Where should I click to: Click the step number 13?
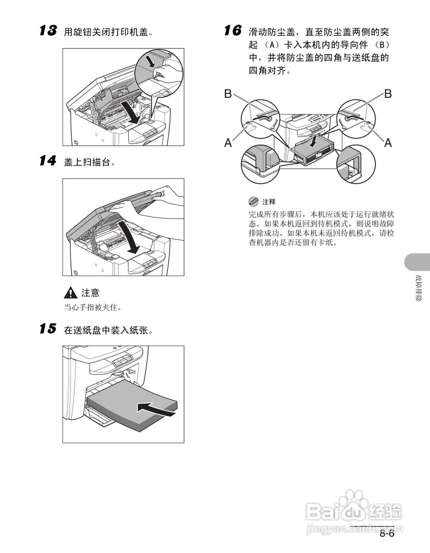tap(48, 31)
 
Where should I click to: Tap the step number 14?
tap(48, 162)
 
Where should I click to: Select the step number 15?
tap(48, 329)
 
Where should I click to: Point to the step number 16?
tap(233, 31)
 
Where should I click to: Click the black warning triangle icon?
tap(70, 293)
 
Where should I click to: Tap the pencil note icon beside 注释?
tap(253, 201)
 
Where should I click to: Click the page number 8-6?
tap(387, 534)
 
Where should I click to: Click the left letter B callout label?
tap(228, 94)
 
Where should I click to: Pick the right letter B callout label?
tap(388, 94)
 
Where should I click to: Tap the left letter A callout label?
tap(228, 143)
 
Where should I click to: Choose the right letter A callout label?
tap(388, 142)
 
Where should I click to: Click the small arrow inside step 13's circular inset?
tap(150, 61)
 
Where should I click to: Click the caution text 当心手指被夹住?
tap(93, 308)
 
